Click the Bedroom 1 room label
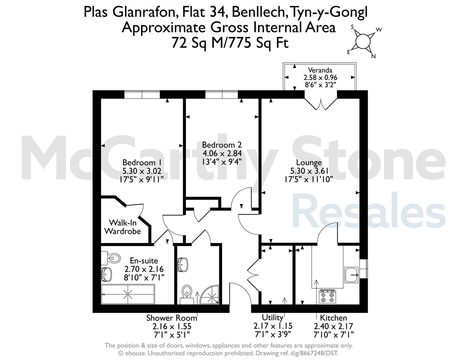[142, 163]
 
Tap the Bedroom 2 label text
[222, 145]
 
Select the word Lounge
[309, 163]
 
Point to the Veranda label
[320, 70]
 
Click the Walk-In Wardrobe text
[123, 227]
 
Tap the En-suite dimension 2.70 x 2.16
[144, 269]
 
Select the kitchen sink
[351, 275]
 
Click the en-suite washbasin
[106, 274]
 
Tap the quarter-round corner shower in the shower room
[210, 295]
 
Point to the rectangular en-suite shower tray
[128, 294]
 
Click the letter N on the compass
[374, 56]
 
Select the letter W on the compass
[379, 30]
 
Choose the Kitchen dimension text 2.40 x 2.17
[333, 326]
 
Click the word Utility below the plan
[273, 317]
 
